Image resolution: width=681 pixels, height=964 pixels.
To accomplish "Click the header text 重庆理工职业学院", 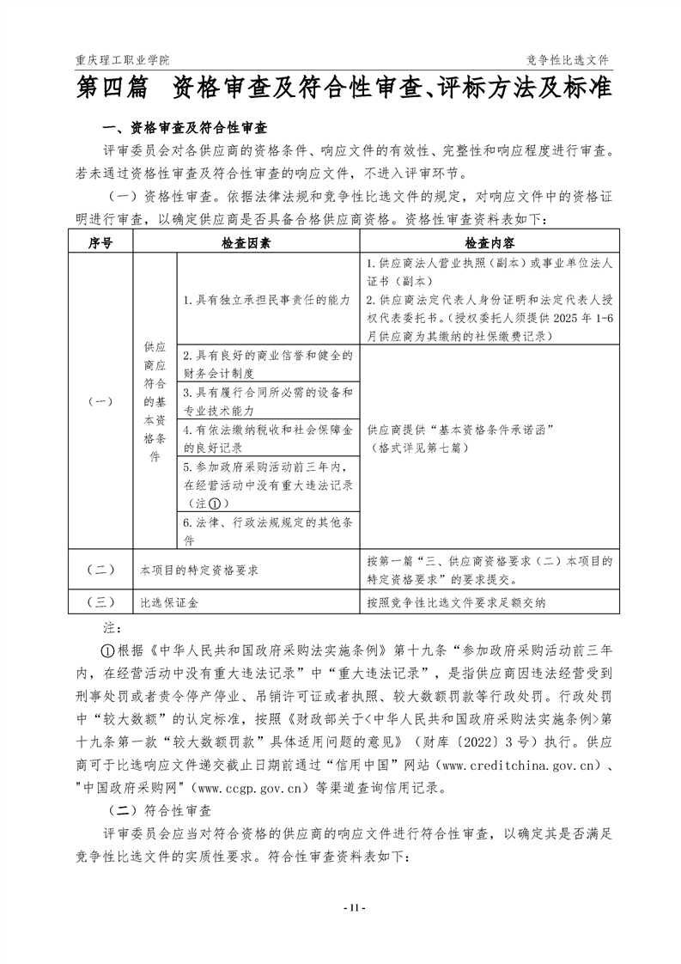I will click(x=123, y=60).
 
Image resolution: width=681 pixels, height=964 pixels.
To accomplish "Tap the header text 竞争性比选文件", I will click(x=568, y=60).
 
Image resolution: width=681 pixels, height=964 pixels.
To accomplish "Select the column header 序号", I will click(x=100, y=242).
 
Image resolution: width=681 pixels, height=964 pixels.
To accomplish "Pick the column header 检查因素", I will click(x=246, y=242).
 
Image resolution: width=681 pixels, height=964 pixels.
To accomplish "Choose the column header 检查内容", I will click(x=489, y=242).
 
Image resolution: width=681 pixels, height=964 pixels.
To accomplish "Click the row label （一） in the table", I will click(x=100, y=401).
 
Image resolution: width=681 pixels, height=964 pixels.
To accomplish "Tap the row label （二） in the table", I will click(x=100, y=569).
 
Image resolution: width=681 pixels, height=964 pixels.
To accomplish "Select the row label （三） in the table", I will click(x=100, y=602).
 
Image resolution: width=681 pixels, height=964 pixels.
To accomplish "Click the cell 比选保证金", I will click(x=169, y=602).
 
